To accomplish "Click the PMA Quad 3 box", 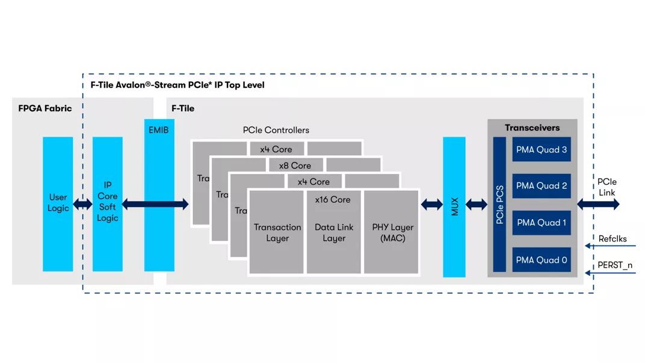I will (542, 149).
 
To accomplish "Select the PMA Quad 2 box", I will (542, 186).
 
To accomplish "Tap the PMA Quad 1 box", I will (542, 223).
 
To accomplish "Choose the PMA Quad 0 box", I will (542, 260).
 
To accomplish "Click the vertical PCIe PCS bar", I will (499, 205).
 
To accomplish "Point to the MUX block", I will (454, 206).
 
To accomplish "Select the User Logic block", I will (58, 203).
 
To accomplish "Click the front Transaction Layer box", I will (277, 232).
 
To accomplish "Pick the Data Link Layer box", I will (333, 232).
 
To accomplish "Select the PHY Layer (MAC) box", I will (392, 232).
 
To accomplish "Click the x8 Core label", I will (295, 166).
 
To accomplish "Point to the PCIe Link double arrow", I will (598, 205).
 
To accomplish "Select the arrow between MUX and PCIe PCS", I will (477, 205).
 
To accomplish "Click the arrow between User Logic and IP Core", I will (82, 205).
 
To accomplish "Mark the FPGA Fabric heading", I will (45, 108).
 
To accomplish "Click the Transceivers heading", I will (532, 128).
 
